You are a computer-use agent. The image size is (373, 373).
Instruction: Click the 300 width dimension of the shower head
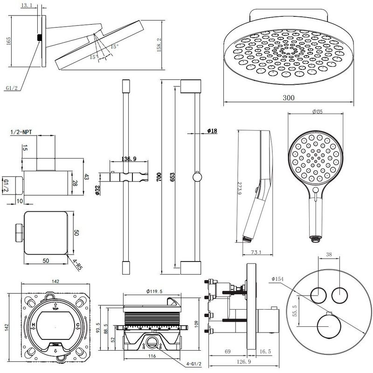[289, 98]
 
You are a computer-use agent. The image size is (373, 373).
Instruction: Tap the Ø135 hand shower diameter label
[317, 111]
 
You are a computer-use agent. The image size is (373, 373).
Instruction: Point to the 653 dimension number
[173, 177]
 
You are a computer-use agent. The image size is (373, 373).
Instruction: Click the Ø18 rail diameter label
[212, 131]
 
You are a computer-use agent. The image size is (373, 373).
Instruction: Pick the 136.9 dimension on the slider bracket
[128, 159]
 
